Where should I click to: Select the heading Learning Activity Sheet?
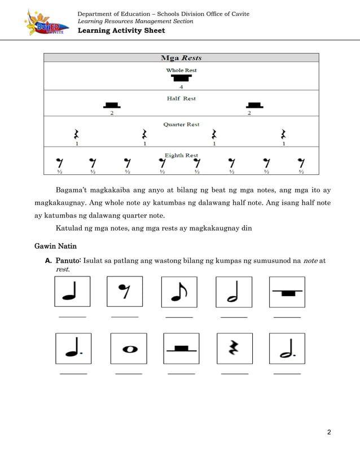pos(121,30)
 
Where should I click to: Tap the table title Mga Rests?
pos(181,58)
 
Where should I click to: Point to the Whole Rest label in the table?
pos(181,71)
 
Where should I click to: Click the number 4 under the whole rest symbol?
pos(181,87)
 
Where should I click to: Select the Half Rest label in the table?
pos(181,98)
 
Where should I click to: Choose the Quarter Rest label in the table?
pos(181,124)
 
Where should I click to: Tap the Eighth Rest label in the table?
pos(181,155)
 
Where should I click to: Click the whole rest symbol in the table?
pos(181,78)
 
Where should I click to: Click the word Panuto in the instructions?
pos(68,261)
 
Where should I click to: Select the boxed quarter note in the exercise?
pos(73,292)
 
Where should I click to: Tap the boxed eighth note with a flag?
pos(179,292)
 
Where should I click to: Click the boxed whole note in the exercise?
pos(129,349)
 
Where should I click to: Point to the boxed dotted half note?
pos(287,349)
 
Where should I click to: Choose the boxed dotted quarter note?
pos(73,349)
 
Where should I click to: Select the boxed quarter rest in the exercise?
pos(234,349)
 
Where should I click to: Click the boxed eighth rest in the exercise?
pos(124,292)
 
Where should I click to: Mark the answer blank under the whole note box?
pos(129,373)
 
